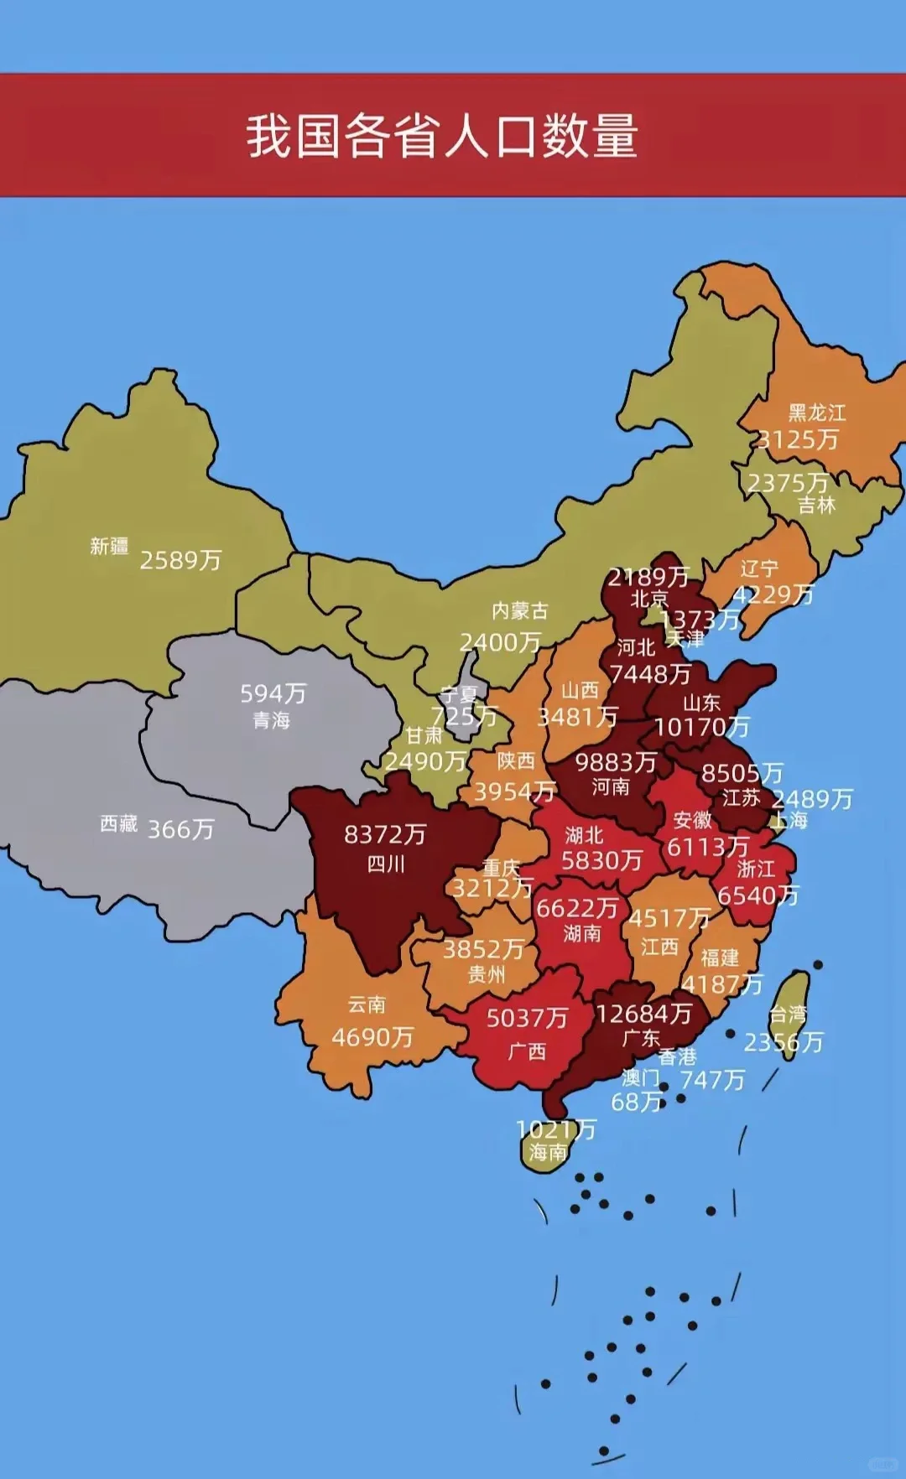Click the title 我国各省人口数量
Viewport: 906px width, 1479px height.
coord(442,136)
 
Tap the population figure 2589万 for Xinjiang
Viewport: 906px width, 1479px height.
coord(180,560)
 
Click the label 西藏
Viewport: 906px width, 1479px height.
coord(118,824)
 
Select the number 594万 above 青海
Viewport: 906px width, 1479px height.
coord(273,693)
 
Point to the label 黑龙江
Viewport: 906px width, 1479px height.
coord(816,413)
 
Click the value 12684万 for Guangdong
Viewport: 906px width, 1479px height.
coord(643,1014)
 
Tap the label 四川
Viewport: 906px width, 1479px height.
coord(386,864)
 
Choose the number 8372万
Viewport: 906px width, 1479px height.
coord(385,834)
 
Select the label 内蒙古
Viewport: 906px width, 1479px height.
coord(519,610)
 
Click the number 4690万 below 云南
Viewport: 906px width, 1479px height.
coord(372,1038)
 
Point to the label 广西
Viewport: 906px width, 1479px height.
coord(527,1051)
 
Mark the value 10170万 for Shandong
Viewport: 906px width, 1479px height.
coord(701,727)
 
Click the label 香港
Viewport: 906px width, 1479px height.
coord(676,1056)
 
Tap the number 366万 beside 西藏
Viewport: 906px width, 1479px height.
coord(180,830)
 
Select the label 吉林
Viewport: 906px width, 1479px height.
coord(816,505)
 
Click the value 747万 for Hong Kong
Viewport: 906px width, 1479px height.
coord(712,1080)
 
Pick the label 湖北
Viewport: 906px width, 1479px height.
coord(584,835)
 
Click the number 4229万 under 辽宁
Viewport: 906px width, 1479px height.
coord(773,594)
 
